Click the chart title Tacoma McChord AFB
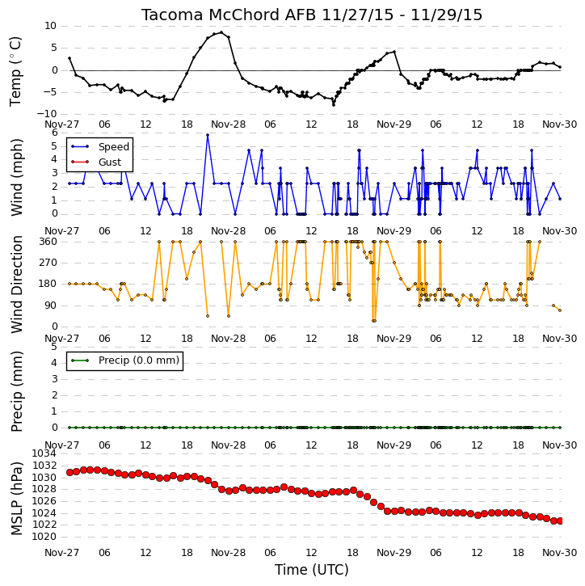229,15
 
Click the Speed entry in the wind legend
100,146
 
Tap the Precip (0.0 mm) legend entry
125,360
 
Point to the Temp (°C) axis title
15,71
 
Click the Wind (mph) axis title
17,177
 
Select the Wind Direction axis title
17,284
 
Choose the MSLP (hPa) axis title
17,499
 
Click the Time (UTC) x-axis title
312,570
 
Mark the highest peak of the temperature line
221,32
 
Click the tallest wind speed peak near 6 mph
208,135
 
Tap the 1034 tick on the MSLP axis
44,453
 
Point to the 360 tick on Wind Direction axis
48,242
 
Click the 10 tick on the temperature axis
50,26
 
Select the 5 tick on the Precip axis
54,347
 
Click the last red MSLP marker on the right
560,521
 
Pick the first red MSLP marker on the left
69,472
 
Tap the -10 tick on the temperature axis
47,114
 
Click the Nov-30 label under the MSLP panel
560,552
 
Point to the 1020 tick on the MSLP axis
44,537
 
